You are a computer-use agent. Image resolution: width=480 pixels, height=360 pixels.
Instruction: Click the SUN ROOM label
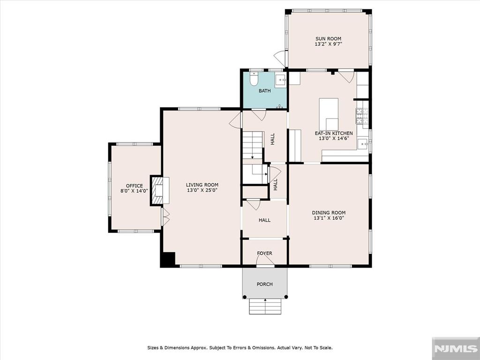(328, 38)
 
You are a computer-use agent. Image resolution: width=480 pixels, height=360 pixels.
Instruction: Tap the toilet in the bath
(254, 79)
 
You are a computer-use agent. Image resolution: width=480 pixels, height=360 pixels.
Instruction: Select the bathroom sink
(280, 81)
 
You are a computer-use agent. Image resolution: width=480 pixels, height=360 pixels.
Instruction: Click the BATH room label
(264, 90)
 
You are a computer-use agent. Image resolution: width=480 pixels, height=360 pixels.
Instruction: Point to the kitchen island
(329, 114)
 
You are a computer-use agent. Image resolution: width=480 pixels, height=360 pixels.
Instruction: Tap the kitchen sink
(362, 143)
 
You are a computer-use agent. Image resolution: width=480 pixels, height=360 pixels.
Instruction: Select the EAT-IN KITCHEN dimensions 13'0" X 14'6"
(334, 138)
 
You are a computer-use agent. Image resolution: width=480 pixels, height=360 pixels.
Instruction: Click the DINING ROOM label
(329, 212)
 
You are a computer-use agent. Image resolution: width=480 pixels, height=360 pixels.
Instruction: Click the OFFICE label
(135, 186)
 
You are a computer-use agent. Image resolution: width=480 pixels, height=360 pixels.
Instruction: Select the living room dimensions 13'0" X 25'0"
(202, 190)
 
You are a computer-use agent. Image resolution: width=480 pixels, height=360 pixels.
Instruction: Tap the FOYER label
(264, 253)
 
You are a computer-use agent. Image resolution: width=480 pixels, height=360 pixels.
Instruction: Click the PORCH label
(264, 284)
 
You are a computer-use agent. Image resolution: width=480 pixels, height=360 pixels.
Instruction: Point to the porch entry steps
(265, 306)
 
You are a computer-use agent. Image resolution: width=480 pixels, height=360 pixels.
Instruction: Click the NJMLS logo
(456, 348)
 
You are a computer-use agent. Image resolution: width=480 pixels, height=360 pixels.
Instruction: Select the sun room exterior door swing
(279, 59)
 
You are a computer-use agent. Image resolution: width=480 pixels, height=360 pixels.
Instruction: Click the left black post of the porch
(244, 297)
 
